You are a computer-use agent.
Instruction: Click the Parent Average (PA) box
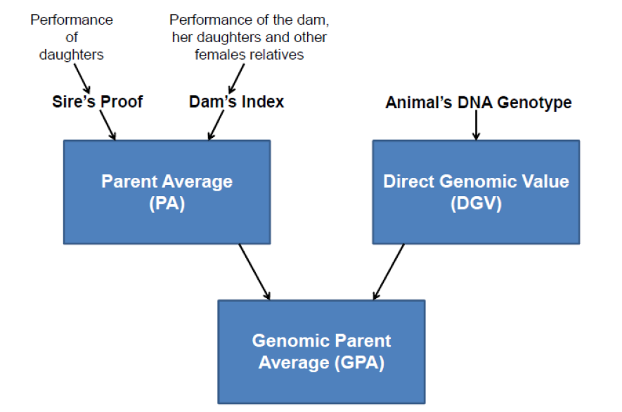pos(167,192)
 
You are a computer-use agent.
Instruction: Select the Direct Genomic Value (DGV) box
pos(476,192)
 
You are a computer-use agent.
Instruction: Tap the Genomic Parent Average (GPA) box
pos(321,352)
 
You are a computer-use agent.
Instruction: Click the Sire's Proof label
pos(98,102)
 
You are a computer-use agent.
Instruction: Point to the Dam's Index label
pos(236,102)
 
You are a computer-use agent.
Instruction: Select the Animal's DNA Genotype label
pos(479,103)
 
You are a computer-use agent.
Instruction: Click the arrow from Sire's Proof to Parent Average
pos(108,125)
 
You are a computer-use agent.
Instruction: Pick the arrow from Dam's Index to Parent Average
pos(216,125)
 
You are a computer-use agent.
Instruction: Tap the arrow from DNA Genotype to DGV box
pos(476,124)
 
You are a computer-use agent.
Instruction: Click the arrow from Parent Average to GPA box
pos(254,272)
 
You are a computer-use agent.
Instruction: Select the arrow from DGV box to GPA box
pos(389,272)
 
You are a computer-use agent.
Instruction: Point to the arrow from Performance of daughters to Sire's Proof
pos(82,79)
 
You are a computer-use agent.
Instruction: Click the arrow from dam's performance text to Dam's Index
pos(236,79)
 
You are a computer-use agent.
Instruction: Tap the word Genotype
pos(534,103)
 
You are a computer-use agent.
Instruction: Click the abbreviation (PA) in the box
pos(167,204)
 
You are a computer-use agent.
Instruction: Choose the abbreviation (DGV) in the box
pos(476,204)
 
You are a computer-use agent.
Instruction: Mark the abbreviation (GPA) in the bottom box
pos(359,363)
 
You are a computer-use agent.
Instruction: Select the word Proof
pos(122,102)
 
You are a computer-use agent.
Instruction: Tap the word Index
pos(263,102)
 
